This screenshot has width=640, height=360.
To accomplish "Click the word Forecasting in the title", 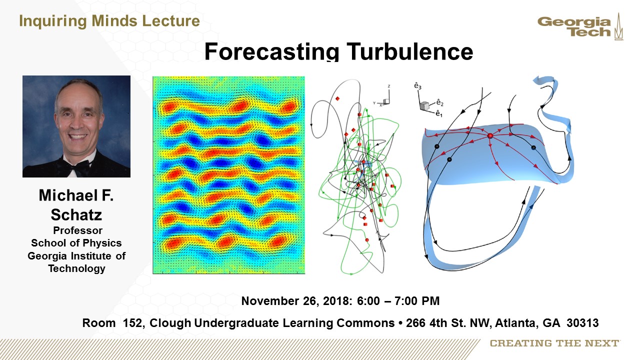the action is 271,51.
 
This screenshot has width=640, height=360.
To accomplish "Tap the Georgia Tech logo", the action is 580,26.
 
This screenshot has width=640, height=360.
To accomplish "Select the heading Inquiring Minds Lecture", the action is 109,21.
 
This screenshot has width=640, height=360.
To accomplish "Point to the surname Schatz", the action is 76,215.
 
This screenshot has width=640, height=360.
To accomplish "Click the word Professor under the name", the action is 77,230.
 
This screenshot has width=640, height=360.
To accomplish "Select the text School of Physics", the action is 76,243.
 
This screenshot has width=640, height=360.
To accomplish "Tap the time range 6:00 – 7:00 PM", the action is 398,301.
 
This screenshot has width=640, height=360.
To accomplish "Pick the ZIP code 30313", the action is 582,323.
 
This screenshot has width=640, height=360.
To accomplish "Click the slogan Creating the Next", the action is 554,343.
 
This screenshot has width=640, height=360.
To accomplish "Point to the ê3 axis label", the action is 417,85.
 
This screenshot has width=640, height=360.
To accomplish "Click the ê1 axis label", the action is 439,114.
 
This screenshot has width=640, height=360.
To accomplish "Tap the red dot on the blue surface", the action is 490,135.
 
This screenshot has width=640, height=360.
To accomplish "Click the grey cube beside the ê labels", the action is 424,105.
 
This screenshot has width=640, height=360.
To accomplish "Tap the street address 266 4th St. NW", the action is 448,323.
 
